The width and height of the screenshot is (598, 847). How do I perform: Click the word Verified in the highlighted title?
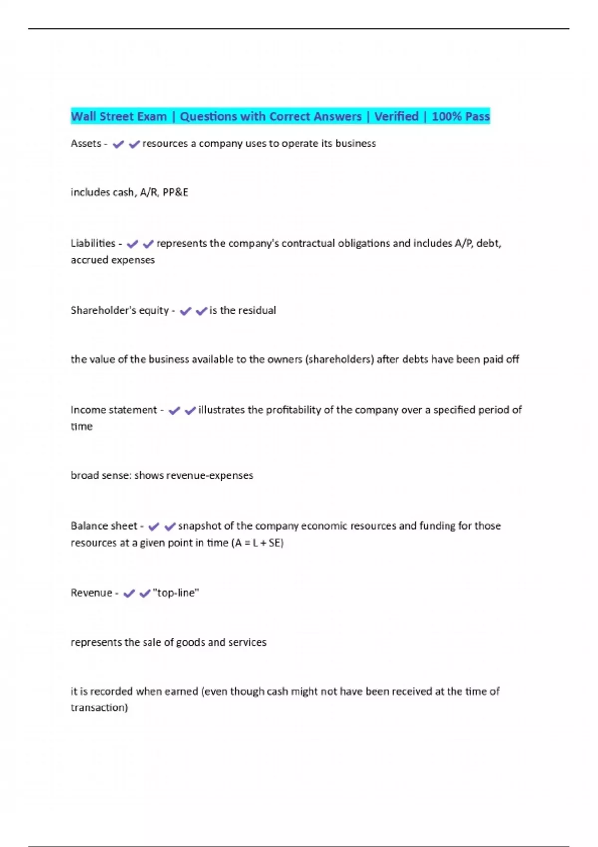[396, 116]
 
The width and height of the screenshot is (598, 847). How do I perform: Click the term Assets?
[86, 143]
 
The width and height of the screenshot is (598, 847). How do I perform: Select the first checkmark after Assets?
[118, 144]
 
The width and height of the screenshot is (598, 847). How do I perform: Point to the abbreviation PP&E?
[175, 192]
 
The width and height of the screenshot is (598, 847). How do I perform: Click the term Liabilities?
[93, 243]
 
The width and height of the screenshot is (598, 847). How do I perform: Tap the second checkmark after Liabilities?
[148, 244]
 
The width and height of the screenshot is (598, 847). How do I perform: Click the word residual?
[257, 310]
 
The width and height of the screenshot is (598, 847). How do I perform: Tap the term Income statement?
[114, 410]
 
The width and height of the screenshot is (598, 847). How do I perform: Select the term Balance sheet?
[104, 526]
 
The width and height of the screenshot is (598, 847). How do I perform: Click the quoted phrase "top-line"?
[176, 593]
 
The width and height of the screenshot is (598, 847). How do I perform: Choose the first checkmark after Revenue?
[129, 594]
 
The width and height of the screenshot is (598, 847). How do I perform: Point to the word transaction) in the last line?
[99, 707]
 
